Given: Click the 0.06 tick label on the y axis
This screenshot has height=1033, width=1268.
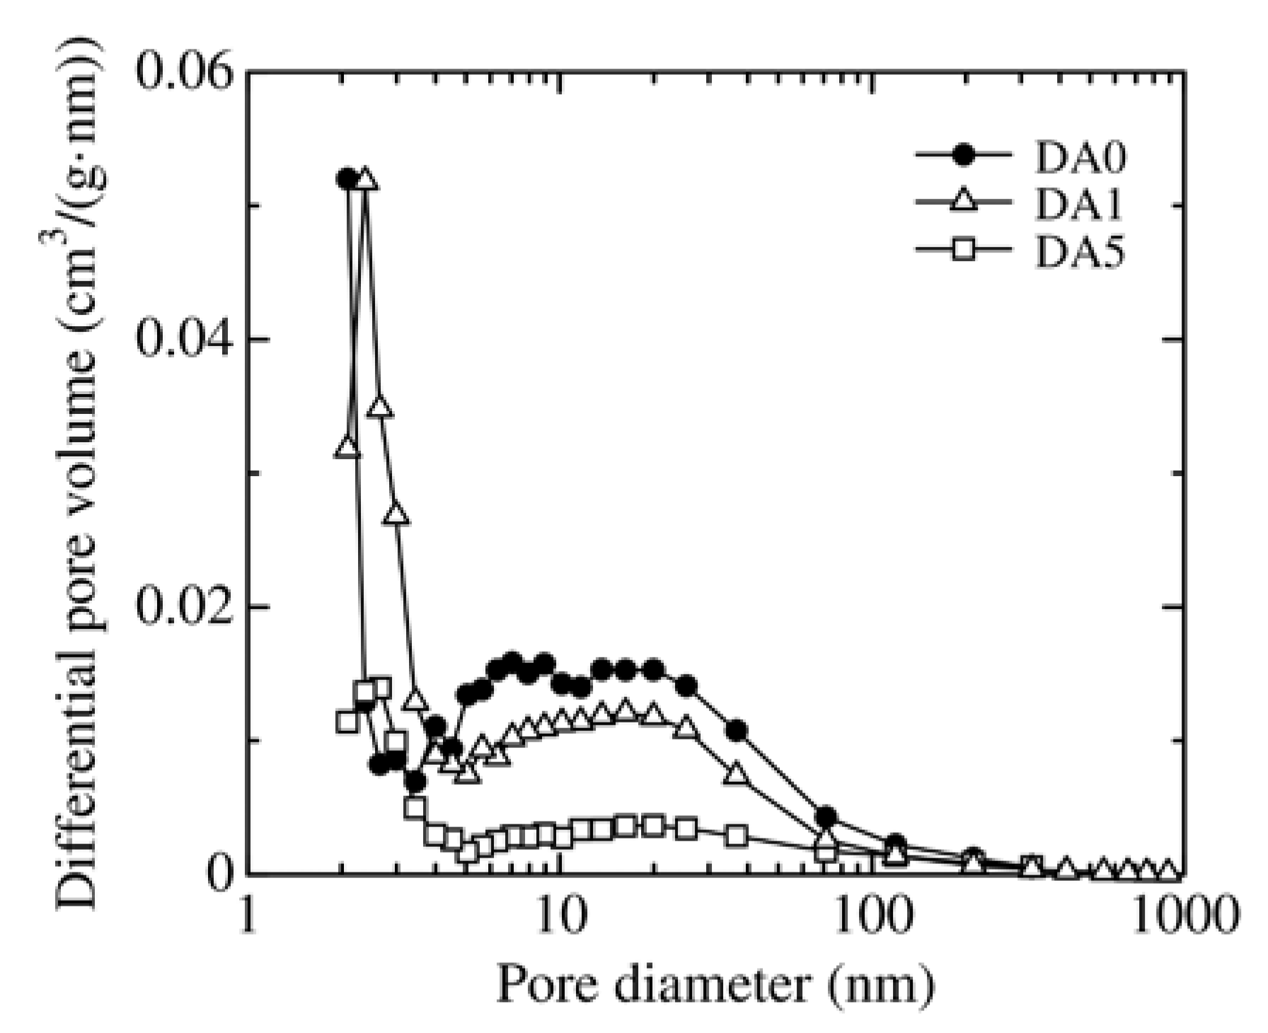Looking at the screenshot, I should coord(185,74).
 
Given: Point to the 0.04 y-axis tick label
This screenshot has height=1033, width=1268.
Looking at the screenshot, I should coord(185,340).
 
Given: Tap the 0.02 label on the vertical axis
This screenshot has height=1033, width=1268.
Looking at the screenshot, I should coord(185,607).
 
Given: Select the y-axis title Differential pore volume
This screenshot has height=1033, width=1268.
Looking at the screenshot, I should coord(78,474).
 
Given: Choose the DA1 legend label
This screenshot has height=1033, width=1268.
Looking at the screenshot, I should coord(1080,205).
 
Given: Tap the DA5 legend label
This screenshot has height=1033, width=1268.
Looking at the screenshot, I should coord(1080,253).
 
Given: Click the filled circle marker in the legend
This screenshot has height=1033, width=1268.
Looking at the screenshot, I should coord(962,157).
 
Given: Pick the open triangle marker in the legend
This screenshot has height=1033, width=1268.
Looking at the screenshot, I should coord(962,204).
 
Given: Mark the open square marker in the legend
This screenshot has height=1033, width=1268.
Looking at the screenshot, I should coord(962,250).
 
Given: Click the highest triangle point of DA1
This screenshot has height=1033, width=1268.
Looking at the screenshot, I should coord(366,180).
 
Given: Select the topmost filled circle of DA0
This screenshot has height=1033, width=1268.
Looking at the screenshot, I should coord(347,178).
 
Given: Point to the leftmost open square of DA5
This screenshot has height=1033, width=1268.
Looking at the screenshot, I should coord(347,722).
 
